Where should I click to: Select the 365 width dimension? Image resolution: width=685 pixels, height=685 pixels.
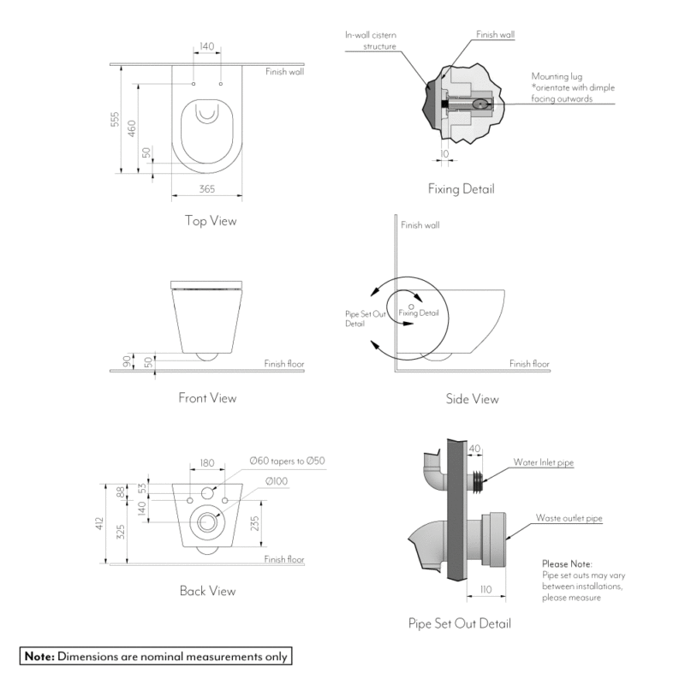(206, 189)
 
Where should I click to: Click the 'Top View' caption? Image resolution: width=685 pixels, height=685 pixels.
(210, 221)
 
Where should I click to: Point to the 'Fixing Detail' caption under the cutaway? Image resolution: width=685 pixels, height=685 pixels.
(461, 188)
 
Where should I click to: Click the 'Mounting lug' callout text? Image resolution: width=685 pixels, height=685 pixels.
(557, 75)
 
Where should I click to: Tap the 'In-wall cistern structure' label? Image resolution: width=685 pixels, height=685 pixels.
(370, 40)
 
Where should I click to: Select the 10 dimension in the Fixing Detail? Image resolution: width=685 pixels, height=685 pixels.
(444, 154)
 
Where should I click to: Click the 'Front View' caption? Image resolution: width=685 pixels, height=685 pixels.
(207, 397)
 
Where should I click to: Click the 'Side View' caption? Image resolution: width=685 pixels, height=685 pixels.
(472, 399)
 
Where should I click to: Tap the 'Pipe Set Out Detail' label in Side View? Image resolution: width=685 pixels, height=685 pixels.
(354, 319)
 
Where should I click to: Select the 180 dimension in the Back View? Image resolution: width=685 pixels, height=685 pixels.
(207, 463)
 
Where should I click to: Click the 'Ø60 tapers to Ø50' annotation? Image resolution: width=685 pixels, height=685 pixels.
(287, 461)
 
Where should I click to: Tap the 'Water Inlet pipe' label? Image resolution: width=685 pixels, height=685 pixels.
(543, 462)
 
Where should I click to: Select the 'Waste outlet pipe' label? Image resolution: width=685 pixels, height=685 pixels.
(569, 518)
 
